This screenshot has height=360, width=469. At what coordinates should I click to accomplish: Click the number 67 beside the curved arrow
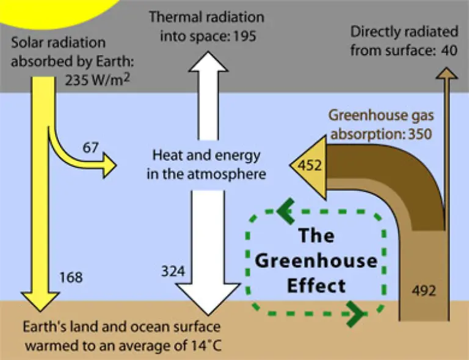tap(90, 148)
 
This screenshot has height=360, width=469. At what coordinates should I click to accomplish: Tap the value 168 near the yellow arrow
tap(71, 278)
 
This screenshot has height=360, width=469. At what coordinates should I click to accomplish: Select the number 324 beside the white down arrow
tap(173, 272)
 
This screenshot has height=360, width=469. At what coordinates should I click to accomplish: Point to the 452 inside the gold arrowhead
tap(310, 165)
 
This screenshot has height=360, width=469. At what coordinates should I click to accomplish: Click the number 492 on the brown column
tap(424, 290)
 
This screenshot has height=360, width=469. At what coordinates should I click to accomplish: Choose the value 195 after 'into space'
tap(245, 36)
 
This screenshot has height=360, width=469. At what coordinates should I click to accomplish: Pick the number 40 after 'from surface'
tap(449, 50)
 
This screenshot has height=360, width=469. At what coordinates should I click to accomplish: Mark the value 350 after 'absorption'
tap(420, 134)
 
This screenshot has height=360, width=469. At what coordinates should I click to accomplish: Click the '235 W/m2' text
tap(98, 80)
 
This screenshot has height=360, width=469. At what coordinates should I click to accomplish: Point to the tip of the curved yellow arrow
tap(116, 165)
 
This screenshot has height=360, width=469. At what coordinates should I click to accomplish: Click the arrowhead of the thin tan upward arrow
tap(446, 73)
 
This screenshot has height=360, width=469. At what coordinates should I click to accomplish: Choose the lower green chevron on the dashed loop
tap(355, 314)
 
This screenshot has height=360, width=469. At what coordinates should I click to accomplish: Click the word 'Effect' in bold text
tap(316, 286)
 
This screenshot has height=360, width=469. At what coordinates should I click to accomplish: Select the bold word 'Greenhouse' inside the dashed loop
tap(316, 261)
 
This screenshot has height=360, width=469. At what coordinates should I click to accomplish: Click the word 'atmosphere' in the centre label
tap(227, 174)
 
